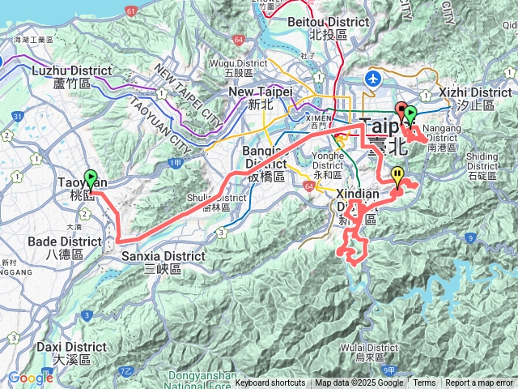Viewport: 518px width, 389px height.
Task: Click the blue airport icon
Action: [373, 78]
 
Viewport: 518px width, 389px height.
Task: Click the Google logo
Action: [31, 378]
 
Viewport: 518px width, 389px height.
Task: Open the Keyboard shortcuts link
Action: [270, 383]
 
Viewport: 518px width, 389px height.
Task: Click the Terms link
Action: [424, 383]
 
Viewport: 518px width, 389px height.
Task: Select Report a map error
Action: [479, 383]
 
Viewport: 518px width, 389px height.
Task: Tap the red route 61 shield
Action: [131, 11]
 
